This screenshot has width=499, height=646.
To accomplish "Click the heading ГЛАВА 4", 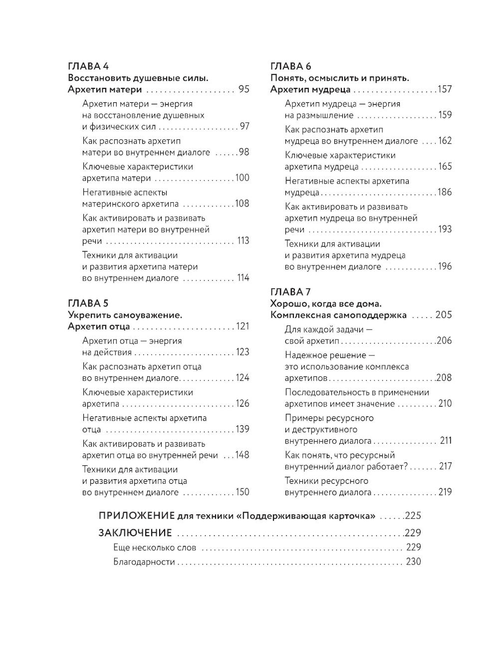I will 88,66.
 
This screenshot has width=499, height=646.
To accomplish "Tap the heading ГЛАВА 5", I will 88,303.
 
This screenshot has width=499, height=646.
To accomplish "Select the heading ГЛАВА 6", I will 290,66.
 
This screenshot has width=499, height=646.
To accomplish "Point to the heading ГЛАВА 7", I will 290,292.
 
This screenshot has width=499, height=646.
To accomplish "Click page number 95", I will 244,90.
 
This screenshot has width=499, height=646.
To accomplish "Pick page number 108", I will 242,204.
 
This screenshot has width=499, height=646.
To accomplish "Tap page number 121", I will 243,326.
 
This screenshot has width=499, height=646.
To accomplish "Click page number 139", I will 242,429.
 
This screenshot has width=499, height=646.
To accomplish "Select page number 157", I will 445,90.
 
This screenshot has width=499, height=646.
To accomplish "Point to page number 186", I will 445,192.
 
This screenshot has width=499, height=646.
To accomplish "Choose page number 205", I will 444,315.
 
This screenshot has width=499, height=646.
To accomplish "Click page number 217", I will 445,466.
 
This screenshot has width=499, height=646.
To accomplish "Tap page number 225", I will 414,516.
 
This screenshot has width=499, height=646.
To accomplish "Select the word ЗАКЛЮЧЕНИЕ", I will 135,532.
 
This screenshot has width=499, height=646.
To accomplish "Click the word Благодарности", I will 144,562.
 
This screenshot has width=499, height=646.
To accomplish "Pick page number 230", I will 414,562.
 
